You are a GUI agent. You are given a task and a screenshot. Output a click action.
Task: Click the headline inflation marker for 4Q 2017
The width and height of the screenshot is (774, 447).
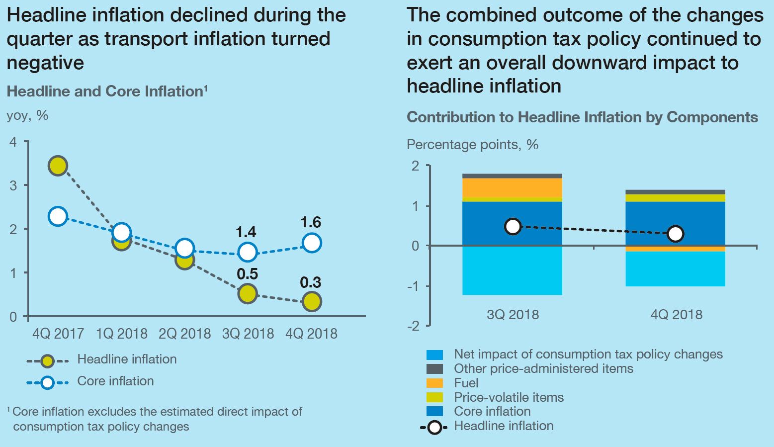pyautogui.click(x=58, y=166)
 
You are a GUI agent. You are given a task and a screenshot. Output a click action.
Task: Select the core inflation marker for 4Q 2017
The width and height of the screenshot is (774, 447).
pyautogui.click(x=58, y=216)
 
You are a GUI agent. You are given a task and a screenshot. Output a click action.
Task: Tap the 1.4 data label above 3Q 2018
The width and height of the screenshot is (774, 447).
pyautogui.click(x=246, y=232)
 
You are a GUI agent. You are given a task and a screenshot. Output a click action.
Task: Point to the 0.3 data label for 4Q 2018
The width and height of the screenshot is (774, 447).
pyautogui.click(x=311, y=282)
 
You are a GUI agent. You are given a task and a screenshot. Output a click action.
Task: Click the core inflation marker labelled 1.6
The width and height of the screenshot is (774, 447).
pyautogui.click(x=312, y=243)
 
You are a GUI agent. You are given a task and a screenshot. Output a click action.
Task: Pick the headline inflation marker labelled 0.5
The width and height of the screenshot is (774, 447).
pyautogui.click(x=247, y=293)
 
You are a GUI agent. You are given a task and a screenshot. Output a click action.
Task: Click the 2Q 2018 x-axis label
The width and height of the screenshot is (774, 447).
pyautogui.click(x=184, y=333)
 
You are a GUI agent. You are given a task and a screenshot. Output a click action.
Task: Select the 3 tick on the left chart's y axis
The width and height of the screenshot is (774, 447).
pyautogui.click(x=13, y=185)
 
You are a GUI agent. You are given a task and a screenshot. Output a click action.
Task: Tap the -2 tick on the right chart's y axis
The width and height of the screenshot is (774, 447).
pyautogui.click(x=413, y=326)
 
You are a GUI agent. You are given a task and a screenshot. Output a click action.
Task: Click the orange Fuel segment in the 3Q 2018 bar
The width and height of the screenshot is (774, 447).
pyautogui.click(x=512, y=187)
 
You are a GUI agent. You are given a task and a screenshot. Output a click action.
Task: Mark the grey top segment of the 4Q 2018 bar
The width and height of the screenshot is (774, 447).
pyautogui.click(x=675, y=192)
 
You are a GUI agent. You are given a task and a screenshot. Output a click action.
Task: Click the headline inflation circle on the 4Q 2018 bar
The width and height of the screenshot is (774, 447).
pyautogui.click(x=675, y=234)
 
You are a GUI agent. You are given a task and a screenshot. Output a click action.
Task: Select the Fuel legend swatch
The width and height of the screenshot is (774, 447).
pyautogui.click(x=434, y=383)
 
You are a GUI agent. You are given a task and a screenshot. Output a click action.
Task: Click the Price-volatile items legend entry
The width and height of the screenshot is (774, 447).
pyautogui.click(x=509, y=397)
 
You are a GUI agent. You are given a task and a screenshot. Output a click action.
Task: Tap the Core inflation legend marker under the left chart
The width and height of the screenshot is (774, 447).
pyautogui.click(x=47, y=382)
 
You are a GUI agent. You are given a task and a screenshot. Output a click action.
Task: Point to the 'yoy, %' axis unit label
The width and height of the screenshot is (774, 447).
pyautogui.click(x=27, y=115)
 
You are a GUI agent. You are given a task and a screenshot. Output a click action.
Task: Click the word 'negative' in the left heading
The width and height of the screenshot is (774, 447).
pyautogui.click(x=45, y=63)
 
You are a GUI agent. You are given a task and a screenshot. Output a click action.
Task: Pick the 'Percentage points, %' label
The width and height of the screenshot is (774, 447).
pyautogui.click(x=472, y=145)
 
